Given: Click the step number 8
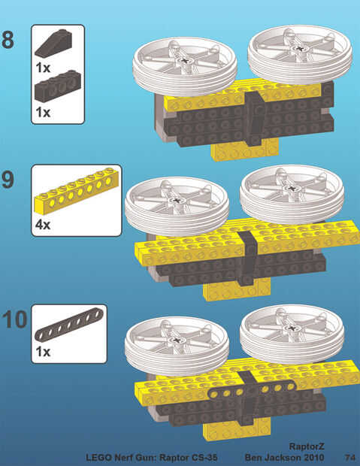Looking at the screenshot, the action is [8, 40].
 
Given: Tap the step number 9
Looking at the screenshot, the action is [8, 179].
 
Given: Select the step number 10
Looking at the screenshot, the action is [14, 319].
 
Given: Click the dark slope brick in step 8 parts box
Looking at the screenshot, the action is [53, 43].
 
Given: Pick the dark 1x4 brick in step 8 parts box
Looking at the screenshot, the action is [58, 86].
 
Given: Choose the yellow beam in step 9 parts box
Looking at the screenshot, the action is [77, 191].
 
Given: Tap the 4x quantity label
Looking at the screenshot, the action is [43, 225].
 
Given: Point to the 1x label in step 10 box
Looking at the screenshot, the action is [43, 352].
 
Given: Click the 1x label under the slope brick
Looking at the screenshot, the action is [43, 68].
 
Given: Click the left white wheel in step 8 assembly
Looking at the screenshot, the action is [185, 67].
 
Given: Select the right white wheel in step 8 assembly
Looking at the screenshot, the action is [300, 54].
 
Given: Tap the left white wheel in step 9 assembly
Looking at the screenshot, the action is [177, 206].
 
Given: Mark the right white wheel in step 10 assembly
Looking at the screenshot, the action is [292, 334].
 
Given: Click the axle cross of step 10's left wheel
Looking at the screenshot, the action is [177, 340].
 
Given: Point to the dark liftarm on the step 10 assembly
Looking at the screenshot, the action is [252, 390].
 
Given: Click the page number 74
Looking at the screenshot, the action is [350, 457].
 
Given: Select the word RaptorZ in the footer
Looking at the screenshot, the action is [307, 446].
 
